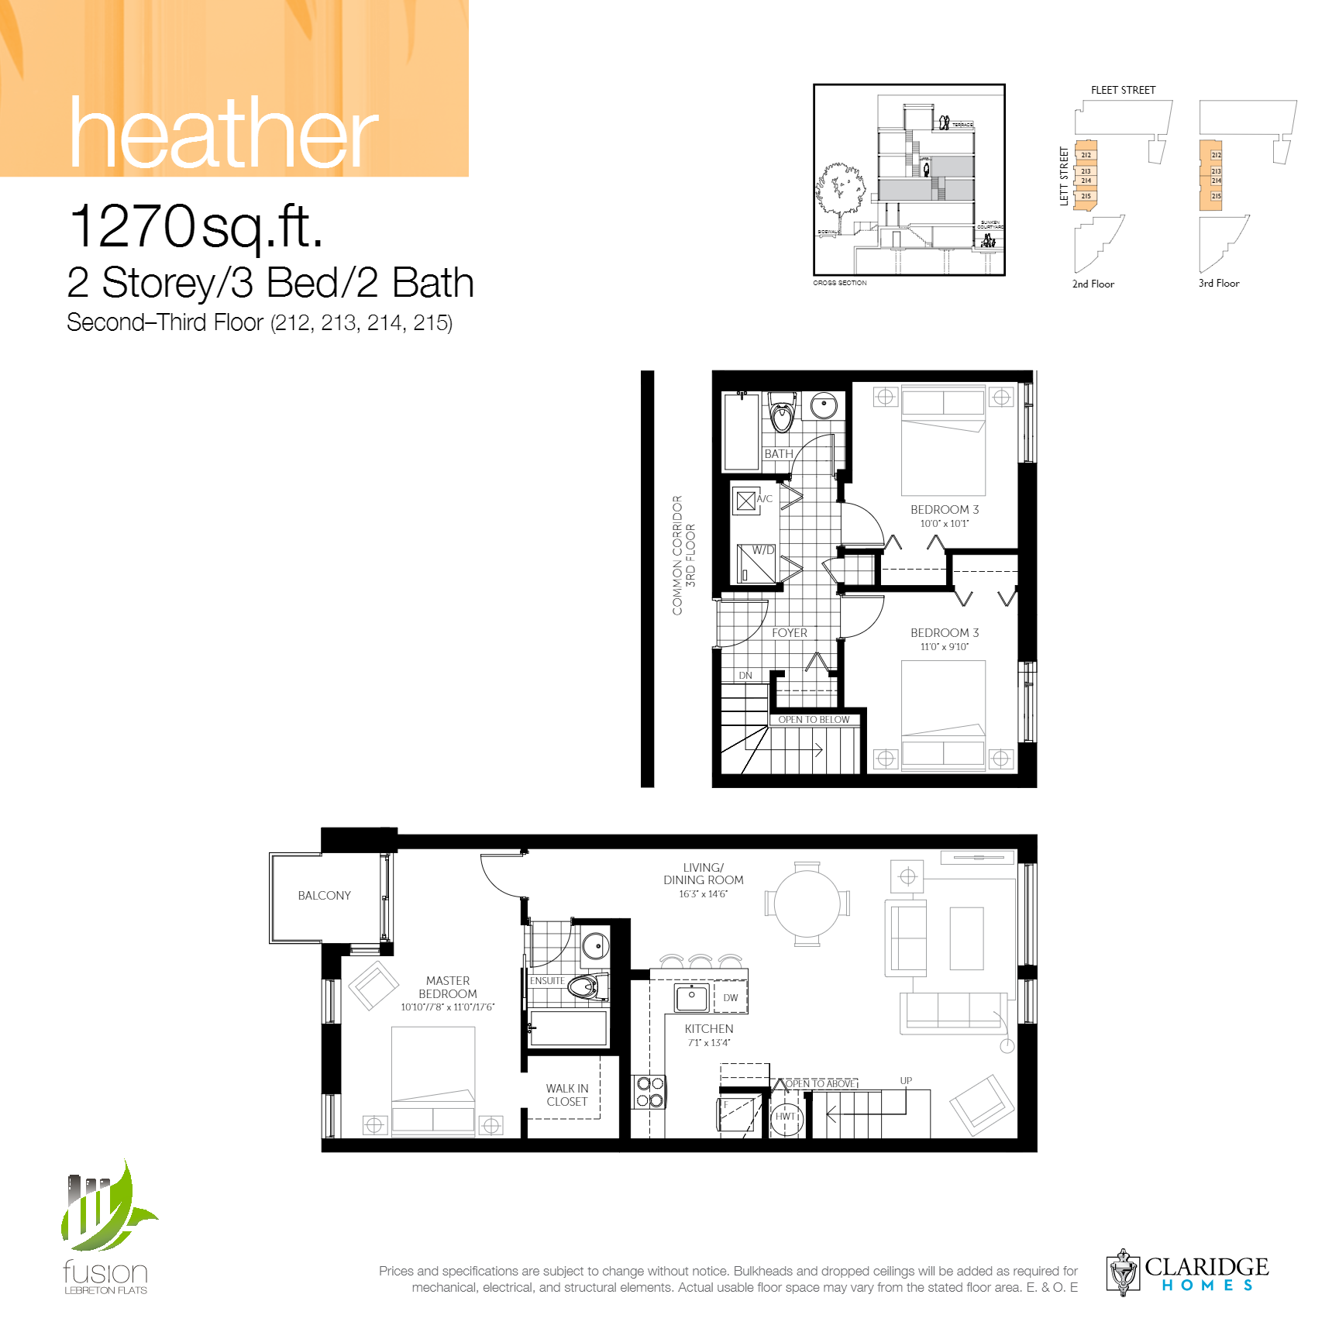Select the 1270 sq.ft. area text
195,226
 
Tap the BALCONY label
324,895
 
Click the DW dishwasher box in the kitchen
730,998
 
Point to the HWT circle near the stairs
786,1117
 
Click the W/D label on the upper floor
762,550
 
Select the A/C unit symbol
745,501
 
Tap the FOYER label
789,633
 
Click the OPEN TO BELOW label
814,720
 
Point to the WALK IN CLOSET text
566,1095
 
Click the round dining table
807,904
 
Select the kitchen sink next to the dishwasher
691,998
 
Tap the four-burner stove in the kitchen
649,1092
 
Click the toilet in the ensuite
583,987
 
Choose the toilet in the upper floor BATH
782,414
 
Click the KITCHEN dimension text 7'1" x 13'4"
708,1043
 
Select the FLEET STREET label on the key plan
1122,90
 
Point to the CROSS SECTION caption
839,283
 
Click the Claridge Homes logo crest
1123,1272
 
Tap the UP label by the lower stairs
905,1080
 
